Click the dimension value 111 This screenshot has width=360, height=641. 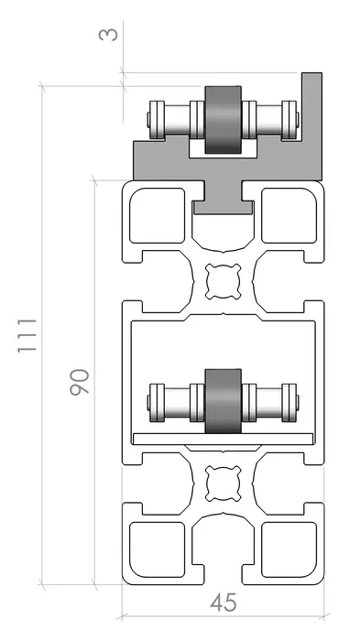(x=27, y=335)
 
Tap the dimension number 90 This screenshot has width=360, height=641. (x=80, y=382)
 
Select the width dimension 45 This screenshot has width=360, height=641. (x=224, y=603)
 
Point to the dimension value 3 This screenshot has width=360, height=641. (x=108, y=34)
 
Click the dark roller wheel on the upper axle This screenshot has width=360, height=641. (x=223, y=120)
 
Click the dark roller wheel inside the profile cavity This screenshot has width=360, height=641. (x=223, y=401)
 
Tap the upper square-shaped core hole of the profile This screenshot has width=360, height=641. (x=223, y=281)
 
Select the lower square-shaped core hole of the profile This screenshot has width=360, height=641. (x=223, y=483)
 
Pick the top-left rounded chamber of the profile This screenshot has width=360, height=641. (x=157, y=215)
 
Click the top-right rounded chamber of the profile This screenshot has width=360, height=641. (x=289, y=215)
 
